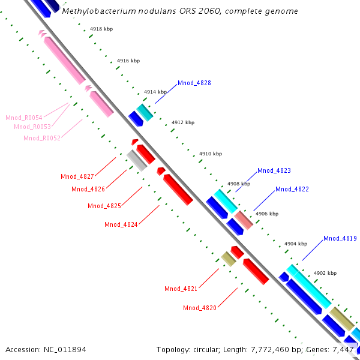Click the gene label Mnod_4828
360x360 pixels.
click(x=194, y=83)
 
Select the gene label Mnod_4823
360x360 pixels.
click(x=274, y=171)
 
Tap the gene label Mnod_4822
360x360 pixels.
click(x=292, y=189)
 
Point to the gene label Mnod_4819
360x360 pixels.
click(x=340, y=238)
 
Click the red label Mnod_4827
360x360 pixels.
click(x=77, y=176)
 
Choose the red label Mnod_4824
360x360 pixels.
click(x=121, y=224)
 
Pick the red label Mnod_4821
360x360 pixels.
click(x=181, y=289)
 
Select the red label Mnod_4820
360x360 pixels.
click(x=200, y=308)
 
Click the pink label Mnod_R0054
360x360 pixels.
click(x=24, y=118)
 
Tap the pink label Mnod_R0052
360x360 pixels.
click(x=42, y=138)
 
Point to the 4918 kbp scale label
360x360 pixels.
click(x=101, y=29)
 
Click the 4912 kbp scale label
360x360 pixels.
click(x=183, y=122)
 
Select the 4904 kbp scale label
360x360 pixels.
click(x=296, y=244)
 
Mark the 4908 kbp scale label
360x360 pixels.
click(x=238, y=184)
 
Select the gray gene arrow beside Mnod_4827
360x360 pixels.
click(x=136, y=160)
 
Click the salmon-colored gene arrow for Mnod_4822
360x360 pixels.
click(x=244, y=220)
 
